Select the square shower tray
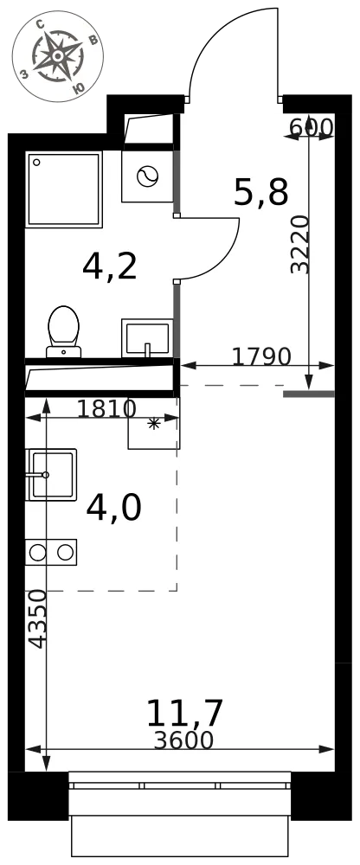pyautogui.click(x=64, y=189)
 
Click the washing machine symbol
pyautogui.click(x=147, y=176)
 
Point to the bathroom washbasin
pyautogui.click(x=147, y=338)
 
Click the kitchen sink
pyautogui.click(x=51, y=474)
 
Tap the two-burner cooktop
pyautogui.click(x=51, y=552)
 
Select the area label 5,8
pyautogui.click(x=261, y=193)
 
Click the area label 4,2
pyautogui.click(x=109, y=267)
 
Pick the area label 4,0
pyautogui.click(x=113, y=508)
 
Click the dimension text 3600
pyautogui.click(x=183, y=740)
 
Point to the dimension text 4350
pyautogui.click(x=37, y=619)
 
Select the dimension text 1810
pyautogui.click(x=106, y=409)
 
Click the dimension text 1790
pyautogui.click(x=260, y=357)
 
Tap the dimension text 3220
pyautogui.click(x=299, y=245)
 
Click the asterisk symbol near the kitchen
pyautogui.click(x=153, y=424)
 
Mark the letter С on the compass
pyautogui.click(x=40, y=25)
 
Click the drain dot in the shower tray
pyautogui.click(x=36, y=163)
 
